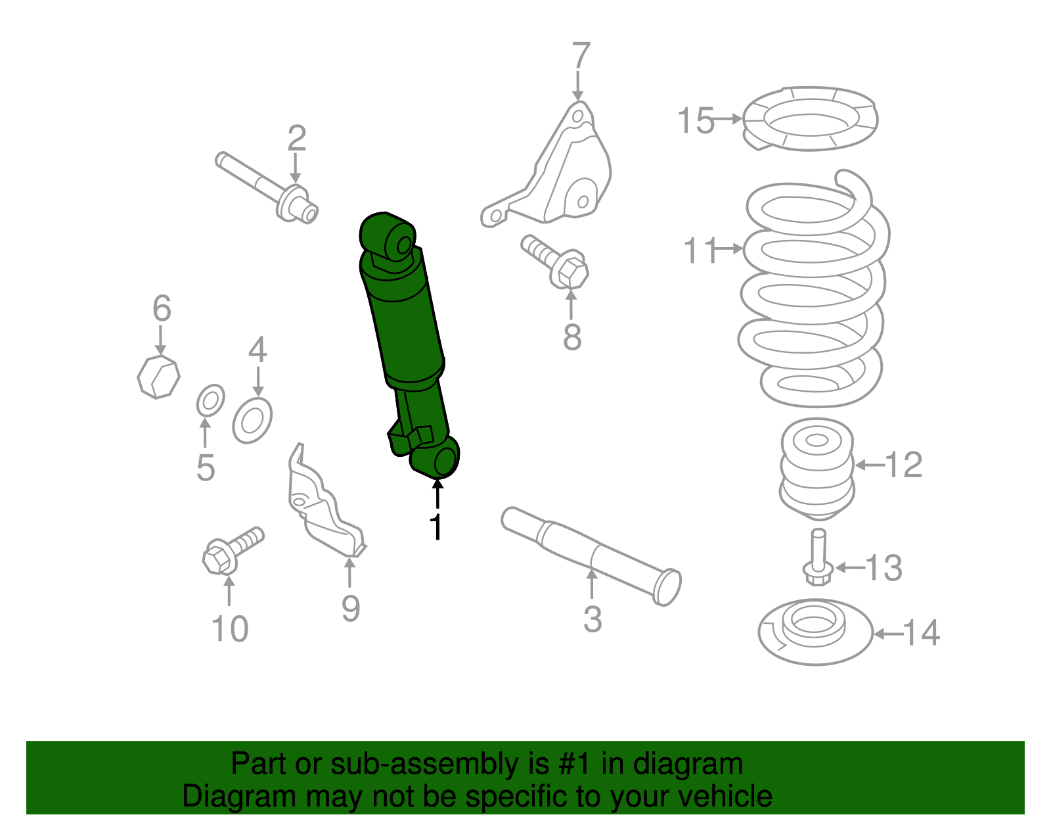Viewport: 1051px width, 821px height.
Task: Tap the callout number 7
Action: (581, 57)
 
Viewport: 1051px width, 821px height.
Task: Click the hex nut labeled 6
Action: (158, 377)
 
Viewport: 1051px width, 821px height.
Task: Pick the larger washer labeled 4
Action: (252, 420)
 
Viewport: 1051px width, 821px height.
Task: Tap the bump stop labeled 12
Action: (817, 468)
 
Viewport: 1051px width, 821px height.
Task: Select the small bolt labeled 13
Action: (817, 559)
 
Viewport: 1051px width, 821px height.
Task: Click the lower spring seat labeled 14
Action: (815, 632)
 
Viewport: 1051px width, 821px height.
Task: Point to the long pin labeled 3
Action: (591, 555)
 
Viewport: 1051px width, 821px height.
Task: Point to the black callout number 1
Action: (436, 527)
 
